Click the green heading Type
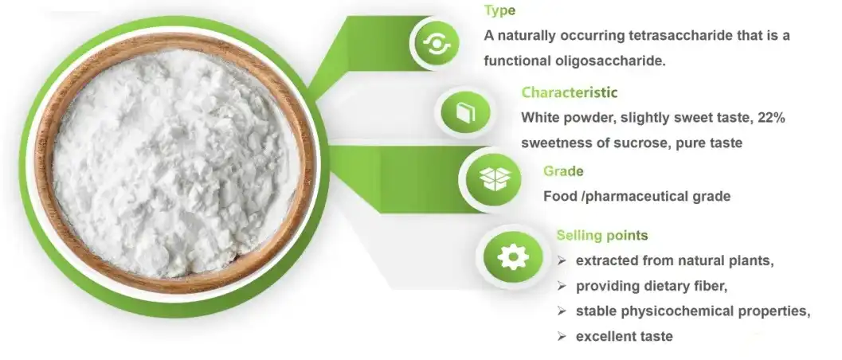[499, 10]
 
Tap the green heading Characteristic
[570, 92]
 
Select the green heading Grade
[563, 171]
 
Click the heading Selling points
[602, 235]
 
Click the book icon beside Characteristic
[465, 112]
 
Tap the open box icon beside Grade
[493, 179]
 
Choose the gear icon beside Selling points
[513, 257]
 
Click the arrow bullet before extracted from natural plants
[562, 260]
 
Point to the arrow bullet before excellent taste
[562, 336]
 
